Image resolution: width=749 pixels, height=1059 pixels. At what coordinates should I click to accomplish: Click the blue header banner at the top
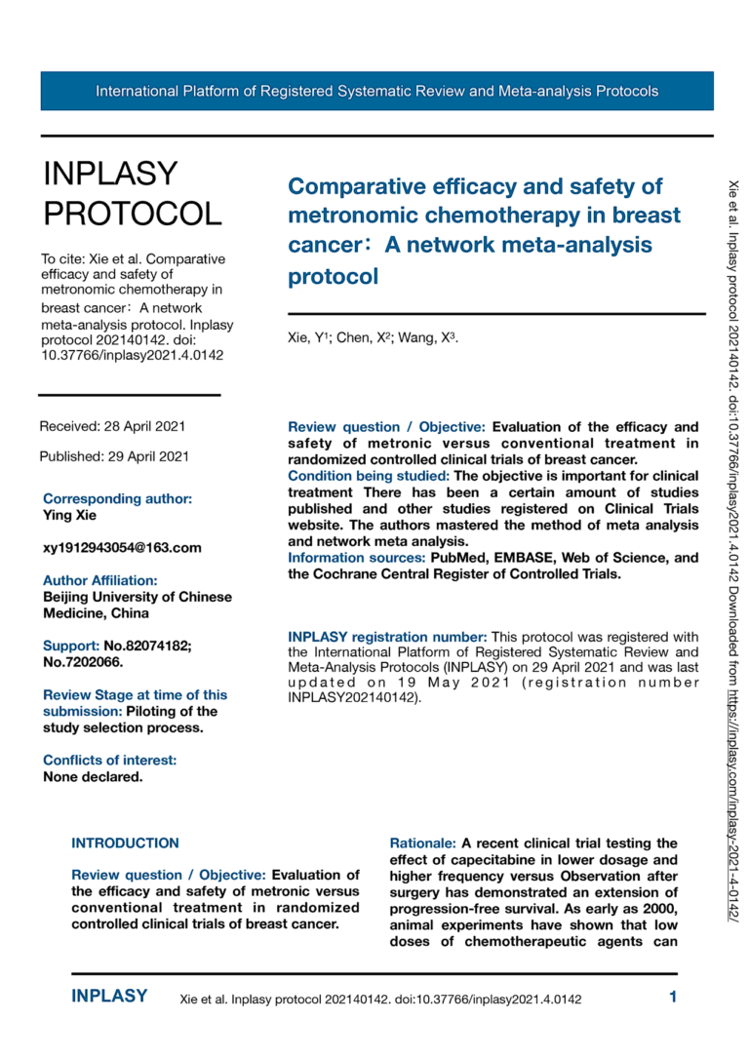(376, 91)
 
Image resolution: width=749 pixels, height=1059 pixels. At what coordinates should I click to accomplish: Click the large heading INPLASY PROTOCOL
(133, 192)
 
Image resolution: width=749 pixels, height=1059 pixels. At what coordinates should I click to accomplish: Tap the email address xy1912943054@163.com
(122, 548)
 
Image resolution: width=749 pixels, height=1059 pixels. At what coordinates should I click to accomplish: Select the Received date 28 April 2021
(112, 426)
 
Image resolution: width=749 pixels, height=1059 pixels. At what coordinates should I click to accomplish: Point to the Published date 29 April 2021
(114, 455)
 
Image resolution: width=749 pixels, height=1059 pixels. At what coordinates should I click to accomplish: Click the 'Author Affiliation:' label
(99, 580)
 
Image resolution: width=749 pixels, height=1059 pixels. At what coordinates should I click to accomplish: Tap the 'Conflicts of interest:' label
(109, 761)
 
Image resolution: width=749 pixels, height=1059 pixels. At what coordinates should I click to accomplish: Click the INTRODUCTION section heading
(126, 843)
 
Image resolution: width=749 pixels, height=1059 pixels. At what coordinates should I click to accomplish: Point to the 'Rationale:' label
(423, 843)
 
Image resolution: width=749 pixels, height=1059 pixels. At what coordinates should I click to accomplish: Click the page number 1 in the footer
(673, 997)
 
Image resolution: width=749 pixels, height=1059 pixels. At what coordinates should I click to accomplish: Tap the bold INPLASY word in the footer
(109, 997)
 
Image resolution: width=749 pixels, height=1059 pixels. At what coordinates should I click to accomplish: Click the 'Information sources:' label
(355, 558)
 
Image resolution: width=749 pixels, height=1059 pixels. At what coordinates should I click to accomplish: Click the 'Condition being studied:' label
(369, 476)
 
